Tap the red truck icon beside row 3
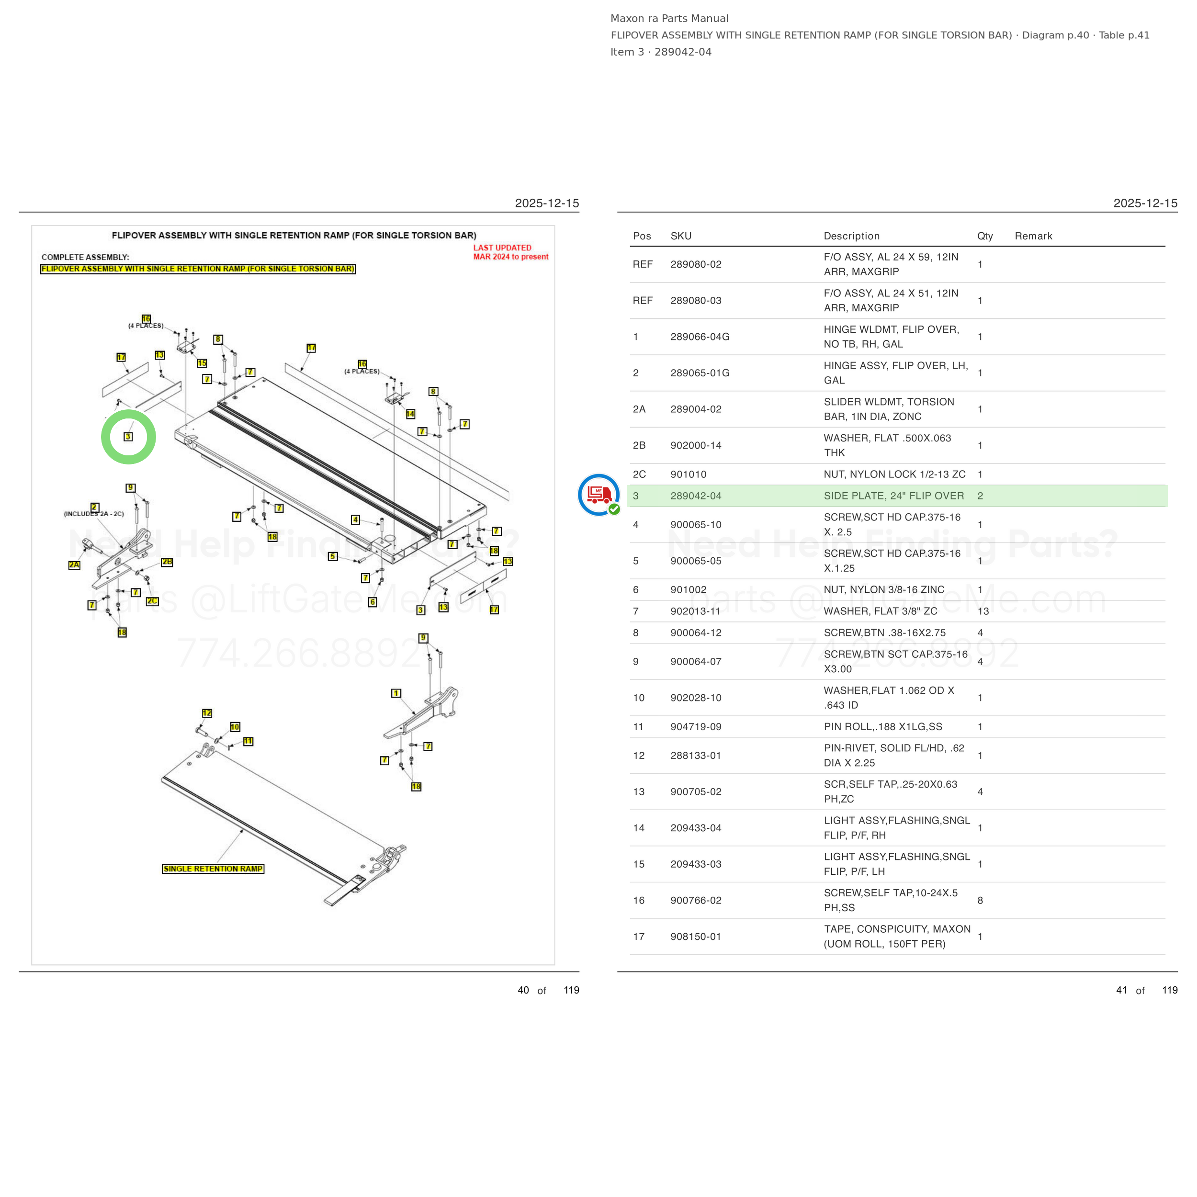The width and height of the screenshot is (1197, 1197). coord(598,495)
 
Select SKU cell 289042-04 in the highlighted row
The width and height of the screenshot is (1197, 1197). coord(696,496)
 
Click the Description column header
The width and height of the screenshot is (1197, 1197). coord(851,236)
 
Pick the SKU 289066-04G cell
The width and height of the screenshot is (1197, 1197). coord(700,337)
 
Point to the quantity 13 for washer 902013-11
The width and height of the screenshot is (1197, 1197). coord(983,611)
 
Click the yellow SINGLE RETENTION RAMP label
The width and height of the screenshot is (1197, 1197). coord(213,869)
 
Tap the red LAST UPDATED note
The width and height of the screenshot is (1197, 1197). coord(510,252)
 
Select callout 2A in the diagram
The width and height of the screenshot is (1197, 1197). coord(74,565)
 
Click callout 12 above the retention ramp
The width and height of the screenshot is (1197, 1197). coord(207,713)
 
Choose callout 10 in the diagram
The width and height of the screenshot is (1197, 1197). coord(235,727)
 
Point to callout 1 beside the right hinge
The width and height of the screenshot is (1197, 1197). coord(396,693)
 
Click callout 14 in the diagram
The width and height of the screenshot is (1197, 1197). coord(410,414)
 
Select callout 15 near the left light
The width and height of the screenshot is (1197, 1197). coord(202,363)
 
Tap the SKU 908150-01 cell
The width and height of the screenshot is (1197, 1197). coord(696,936)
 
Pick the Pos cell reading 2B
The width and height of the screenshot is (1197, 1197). coord(639,445)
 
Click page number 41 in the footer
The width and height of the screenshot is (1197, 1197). coord(1121,990)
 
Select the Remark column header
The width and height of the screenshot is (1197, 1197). coord(1033,236)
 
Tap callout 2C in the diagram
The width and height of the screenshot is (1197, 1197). coord(152,601)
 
